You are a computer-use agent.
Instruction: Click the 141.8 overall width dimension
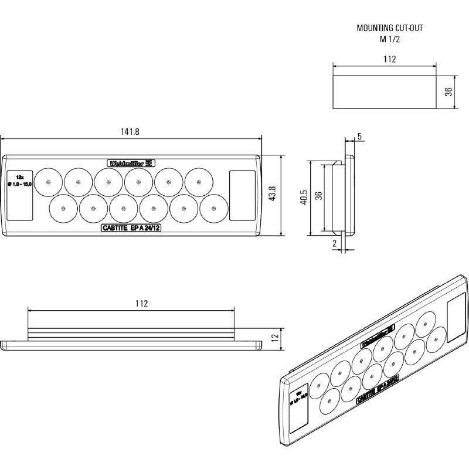[130, 132]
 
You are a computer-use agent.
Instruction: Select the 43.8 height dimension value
[271, 195]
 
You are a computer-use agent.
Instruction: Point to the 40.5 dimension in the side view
[303, 198]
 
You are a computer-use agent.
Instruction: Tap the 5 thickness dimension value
[359, 137]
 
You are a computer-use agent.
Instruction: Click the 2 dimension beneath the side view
[335, 243]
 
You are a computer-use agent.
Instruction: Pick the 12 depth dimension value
[274, 338]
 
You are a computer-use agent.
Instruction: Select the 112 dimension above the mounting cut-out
[389, 59]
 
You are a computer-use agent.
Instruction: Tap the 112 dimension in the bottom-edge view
[141, 303]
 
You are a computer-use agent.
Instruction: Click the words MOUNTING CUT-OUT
[389, 28]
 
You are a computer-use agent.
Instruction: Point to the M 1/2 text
[389, 39]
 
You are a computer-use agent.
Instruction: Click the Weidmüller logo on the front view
[131, 164]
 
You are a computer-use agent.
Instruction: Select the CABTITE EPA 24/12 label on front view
[130, 229]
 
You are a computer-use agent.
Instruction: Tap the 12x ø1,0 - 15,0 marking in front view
[19, 181]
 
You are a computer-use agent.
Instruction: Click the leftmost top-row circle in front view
[48, 182]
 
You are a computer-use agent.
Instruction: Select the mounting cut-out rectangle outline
[385, 93]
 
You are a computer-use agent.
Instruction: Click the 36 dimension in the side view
[318, 196]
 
